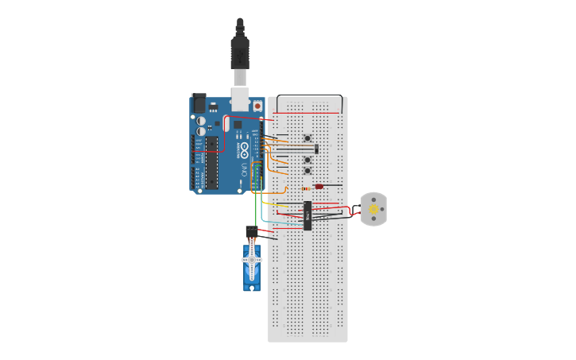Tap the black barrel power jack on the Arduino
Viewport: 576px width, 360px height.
coord(199,103)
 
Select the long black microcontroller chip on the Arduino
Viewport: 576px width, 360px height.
coord(212,163)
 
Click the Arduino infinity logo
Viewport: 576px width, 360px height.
coord(245,148)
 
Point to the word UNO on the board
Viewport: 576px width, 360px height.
coord(245,168)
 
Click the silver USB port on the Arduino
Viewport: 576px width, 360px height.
coord(239,99)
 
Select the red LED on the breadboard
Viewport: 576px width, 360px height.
coord(319,186)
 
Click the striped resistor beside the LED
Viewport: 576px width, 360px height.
coord(307,188)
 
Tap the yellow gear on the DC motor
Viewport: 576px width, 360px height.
coord(373,209)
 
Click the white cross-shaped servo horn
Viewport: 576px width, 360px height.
coord(253,260)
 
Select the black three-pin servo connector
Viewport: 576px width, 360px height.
coord(251,231)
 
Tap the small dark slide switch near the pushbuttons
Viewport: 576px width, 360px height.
coord(316,149)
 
